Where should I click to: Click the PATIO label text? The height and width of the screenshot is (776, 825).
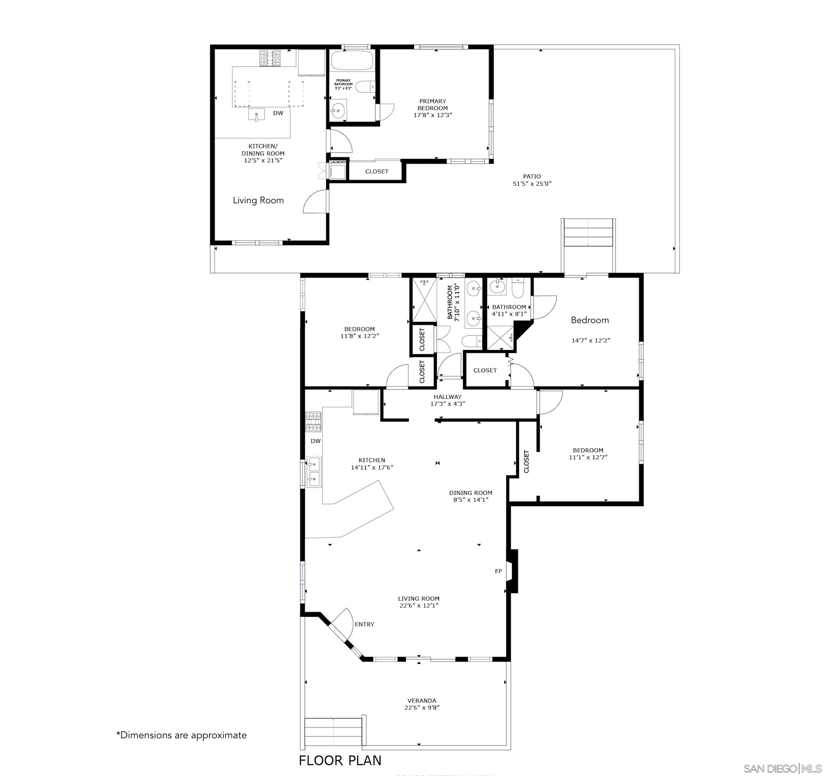[531, 176]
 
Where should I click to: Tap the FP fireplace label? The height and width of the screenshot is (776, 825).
[498, 571]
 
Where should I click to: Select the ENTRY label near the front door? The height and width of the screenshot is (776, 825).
[364, 624]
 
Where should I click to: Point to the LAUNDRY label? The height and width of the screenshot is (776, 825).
[338, 162]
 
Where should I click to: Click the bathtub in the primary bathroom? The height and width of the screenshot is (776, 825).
[352, 61]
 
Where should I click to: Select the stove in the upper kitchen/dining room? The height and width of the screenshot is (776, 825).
[270, 58]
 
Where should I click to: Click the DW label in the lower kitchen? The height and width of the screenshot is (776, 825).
[316, 441]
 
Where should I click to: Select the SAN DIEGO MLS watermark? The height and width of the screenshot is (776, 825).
[782, 769]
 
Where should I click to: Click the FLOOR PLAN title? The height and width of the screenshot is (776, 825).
[340, 760]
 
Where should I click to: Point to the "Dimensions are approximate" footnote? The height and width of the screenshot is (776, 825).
[181, 735]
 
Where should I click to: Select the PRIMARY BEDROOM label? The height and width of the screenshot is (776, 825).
[432, 104]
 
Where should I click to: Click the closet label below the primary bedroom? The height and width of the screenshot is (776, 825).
[377, 171]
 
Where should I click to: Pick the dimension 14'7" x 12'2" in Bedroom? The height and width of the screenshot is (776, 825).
[590, 341]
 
